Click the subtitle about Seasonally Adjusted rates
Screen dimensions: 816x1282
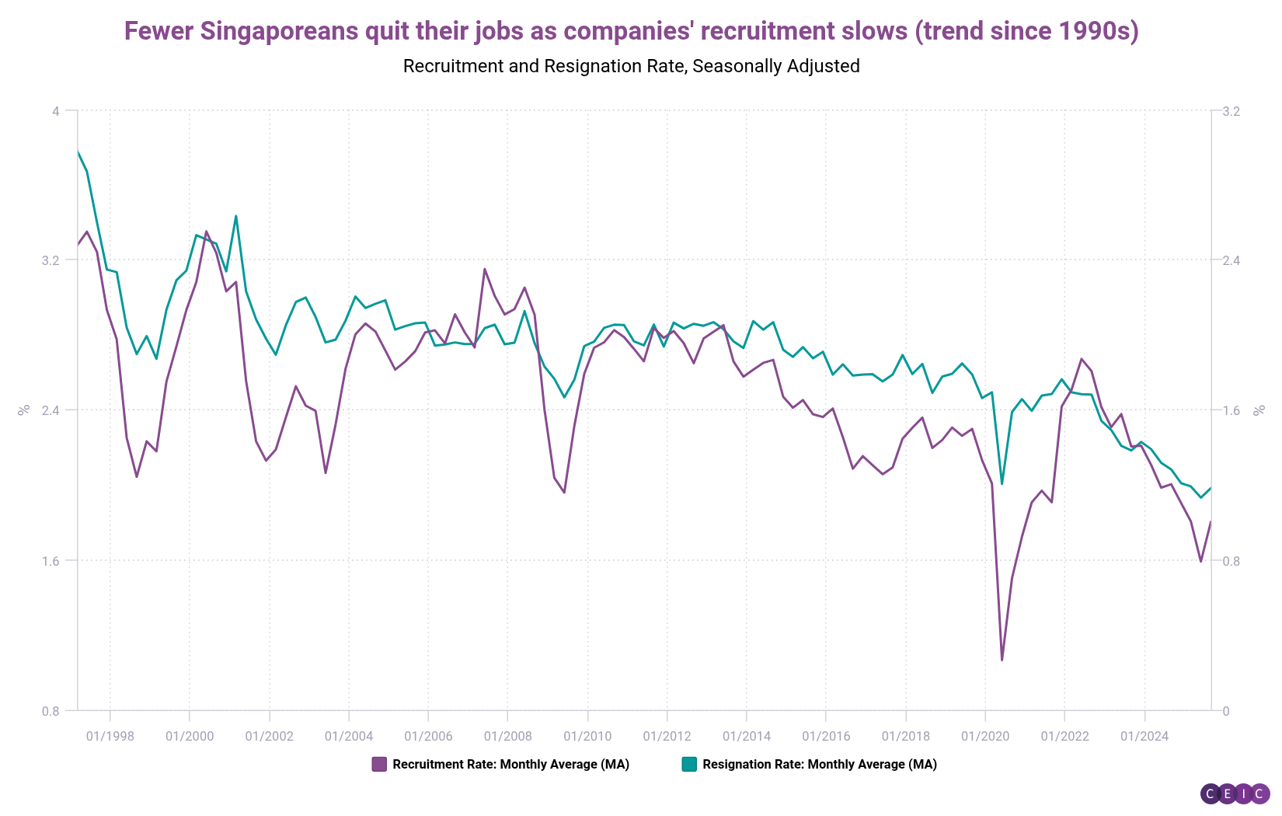point(631,66)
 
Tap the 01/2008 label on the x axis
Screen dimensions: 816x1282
point(507,736)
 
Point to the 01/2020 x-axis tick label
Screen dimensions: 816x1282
point(984,736)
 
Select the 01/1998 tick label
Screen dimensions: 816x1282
point(110,736)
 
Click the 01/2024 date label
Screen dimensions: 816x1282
point(1144,736)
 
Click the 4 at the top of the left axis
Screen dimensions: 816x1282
point(56,111)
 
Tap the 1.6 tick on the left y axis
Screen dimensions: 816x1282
point(51,560)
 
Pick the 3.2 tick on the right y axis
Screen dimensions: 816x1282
point(1231,111)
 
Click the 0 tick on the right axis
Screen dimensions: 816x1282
point(1226,711)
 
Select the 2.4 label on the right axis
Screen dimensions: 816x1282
point(1231,260)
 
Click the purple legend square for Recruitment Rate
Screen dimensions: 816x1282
point(379,764)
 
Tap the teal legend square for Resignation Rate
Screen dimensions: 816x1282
point(689,764)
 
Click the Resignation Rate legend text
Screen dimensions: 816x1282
point(820,764)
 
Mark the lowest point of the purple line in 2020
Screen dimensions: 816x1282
point(1002,660)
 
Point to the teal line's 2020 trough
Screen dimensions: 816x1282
point(1002,484)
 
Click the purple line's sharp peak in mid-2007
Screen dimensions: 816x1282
point(484,270)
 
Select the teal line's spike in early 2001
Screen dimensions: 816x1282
point(235,216)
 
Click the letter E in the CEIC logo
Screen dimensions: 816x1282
point(1227,793)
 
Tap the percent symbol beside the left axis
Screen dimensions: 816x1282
point(24,410)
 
